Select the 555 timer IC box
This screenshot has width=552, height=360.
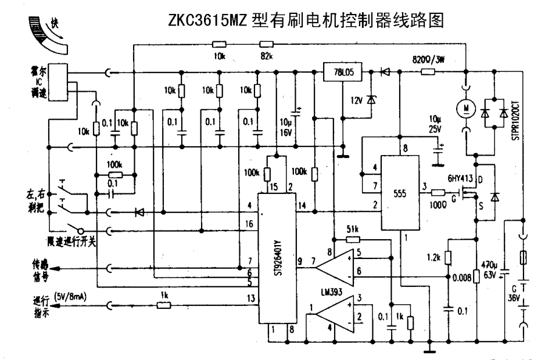(400, 193)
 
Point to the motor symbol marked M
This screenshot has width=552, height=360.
(465, 107)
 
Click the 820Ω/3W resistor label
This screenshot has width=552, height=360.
(432, 60)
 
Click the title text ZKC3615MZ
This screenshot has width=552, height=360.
(207, 21)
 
